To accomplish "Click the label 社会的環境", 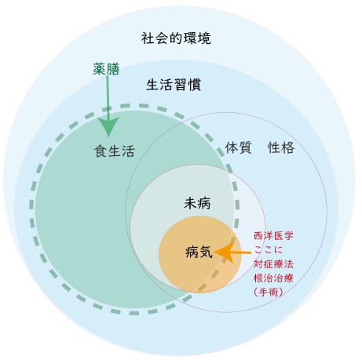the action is (x=176, y=38).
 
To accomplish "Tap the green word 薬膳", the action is (x=106, y=69).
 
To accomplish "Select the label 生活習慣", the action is (x=174, y=85).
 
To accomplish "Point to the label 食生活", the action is (x=115, y=151).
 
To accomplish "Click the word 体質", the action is (x=239, y=147).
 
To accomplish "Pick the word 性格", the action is (x=281, y=147).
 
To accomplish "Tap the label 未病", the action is (x=197, y=203).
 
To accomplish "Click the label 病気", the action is (x=199, y=252).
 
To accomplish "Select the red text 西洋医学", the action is (x=273, y=236).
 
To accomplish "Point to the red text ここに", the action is (x=269, y=249).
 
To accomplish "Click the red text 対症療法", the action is (x=273, y=264).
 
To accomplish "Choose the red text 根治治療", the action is (x=273, y=278).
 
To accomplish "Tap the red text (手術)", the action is (x=269, y=292).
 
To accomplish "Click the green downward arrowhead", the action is (x=108, y=127).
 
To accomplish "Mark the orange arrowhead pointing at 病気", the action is (x=224, y=253).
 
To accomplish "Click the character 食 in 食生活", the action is (x=101, y=151).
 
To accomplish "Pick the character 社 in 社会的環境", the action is (x=148, y=38).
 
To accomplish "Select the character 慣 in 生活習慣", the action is (x=195, y=85).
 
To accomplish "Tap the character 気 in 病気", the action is (x=206, y=252).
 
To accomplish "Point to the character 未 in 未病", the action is (x=190, y=203).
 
